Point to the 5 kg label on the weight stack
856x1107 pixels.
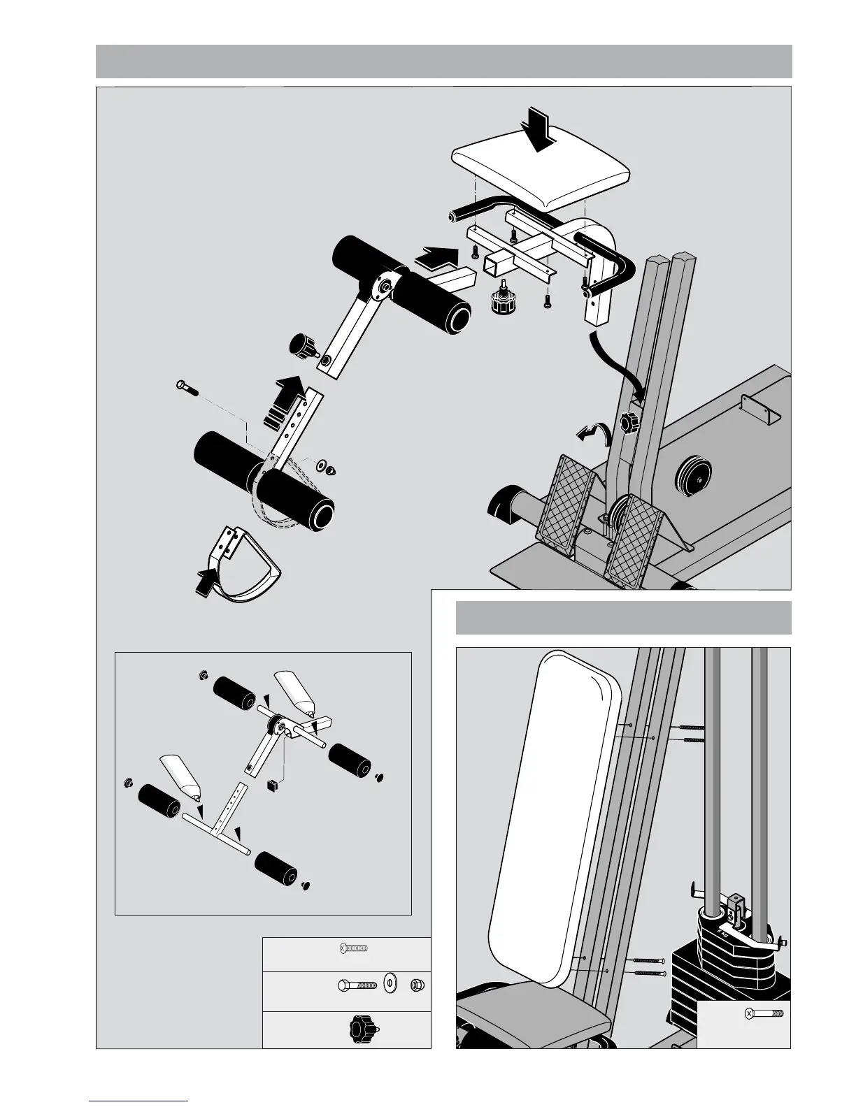[722, 932]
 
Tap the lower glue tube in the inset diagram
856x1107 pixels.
[180, 779]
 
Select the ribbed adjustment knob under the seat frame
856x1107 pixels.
[502, 301]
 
